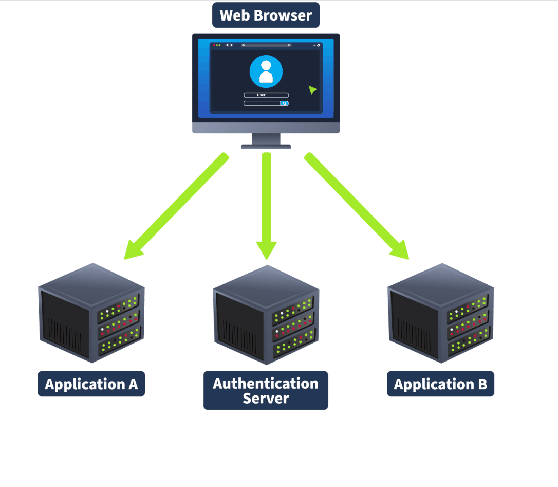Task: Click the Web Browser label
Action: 266,15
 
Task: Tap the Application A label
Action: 91,384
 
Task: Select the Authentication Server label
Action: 266,390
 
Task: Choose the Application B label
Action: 440,384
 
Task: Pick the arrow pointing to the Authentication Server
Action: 266,206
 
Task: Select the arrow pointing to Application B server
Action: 357,206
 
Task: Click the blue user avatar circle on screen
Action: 266,72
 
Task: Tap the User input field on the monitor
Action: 266,95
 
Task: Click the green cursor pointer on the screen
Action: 312,90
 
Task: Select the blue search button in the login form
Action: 284,103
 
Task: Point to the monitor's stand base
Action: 266,147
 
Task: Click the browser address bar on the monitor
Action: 266,45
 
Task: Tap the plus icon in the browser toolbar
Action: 314,45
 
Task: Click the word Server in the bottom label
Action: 266,399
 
